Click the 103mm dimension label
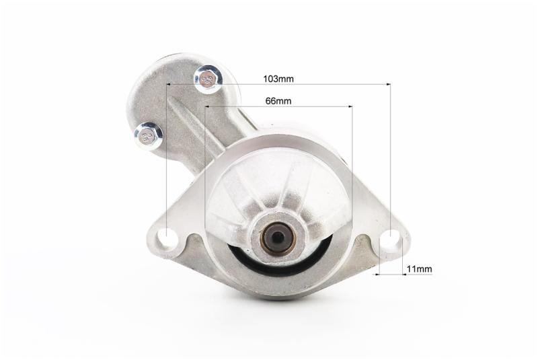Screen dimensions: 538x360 pyautogui.click(x=278, y=79)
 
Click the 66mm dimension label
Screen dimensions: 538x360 pyautogui.click(x=278, y=101)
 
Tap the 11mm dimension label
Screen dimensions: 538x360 pyautogui.click(x=419, y=268)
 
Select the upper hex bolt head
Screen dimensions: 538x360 pyautogui.click(x=208, y=79)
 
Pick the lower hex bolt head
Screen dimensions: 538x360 pyautogui.click(x=149, y=136)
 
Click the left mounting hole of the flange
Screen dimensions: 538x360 pyautogui.click(x=167, y=238)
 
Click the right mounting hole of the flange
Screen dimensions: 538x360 pyautogui.click(x=391, y=238)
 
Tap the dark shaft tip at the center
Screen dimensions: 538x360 pyautogui.click(x=278, y=236)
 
